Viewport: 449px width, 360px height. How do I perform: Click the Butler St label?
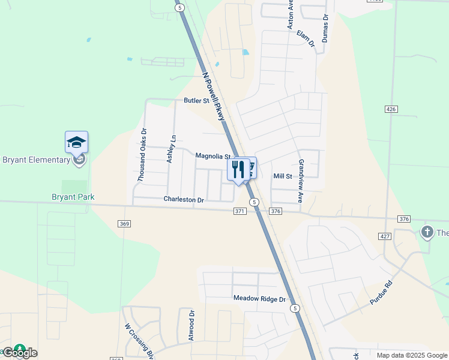pos(196,101)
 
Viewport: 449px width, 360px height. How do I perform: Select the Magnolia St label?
pos(212,155)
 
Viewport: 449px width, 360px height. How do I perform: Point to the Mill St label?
pos(282,176)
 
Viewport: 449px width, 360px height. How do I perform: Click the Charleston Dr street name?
pos(184,199)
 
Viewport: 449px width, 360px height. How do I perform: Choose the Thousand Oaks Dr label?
pos(142,155)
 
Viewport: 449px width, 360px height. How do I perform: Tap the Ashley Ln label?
pos(172,148)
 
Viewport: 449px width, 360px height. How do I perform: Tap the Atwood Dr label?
pos(191,325)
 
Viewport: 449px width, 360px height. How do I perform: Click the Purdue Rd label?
pos(381,293)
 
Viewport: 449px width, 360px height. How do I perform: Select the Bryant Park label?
pos(73,197)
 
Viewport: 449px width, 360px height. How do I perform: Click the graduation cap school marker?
pos(76,142)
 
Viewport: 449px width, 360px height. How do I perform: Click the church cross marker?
pos(427,232)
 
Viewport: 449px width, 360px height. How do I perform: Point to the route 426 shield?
pos(391,109)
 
